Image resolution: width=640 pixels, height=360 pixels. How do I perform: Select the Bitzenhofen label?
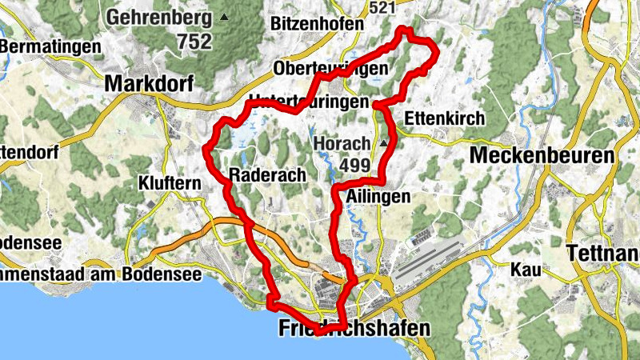click(317, 24)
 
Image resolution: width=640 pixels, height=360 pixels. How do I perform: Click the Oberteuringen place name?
click(330, 69)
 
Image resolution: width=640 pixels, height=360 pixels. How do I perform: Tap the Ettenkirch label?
click(445, 118)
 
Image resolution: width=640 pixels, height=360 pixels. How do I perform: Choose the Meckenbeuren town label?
click(542, 155)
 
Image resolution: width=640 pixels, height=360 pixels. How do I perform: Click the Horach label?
click(342, 143)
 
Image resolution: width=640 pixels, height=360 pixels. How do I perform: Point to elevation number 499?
click(354, 164)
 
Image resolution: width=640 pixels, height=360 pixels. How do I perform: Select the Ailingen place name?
click(380, 195)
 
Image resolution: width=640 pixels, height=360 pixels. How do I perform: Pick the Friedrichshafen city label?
click(354, 328)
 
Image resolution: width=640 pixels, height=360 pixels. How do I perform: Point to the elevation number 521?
click(383, 7)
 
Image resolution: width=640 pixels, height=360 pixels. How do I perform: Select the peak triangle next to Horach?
click(384, 143)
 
